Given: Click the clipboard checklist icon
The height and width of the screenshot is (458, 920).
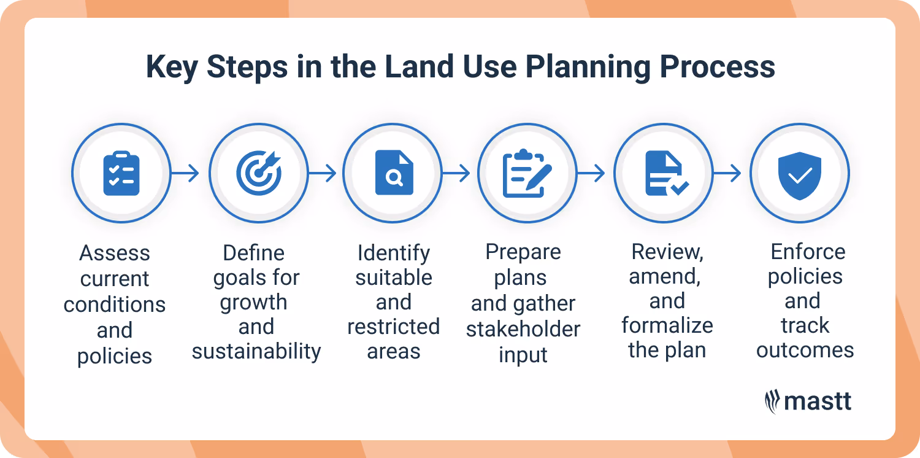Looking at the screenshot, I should pyautogui.click(x=121, y=174).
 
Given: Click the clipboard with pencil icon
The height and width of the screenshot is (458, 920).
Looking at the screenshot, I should pyautogui.click(x=527, y=174).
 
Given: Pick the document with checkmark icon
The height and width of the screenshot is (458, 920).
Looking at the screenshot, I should pyautogui.click(x=665, y=174).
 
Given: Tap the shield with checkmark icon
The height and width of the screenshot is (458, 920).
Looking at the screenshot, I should pyautogui.click(x=800, y=174).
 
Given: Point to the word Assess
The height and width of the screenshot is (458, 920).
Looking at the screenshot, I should pyautogui.click(x=115, y=253).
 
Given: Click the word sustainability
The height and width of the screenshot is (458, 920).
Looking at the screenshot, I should pyautogui.click(x=256, y=351).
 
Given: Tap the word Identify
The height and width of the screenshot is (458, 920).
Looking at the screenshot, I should pyautogui.click(x=394, y=253).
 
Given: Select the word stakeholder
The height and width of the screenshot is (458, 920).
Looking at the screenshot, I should pyautogui.click(x=523, y=329).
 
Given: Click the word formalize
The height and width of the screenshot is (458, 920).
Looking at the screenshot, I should pyautogui.click(x=667, y=325).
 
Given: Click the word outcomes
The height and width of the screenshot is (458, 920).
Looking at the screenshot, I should pyautogui.click(x=805, y=350).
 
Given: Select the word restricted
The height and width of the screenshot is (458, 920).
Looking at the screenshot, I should pyautogui.click(x=394, y=327).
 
